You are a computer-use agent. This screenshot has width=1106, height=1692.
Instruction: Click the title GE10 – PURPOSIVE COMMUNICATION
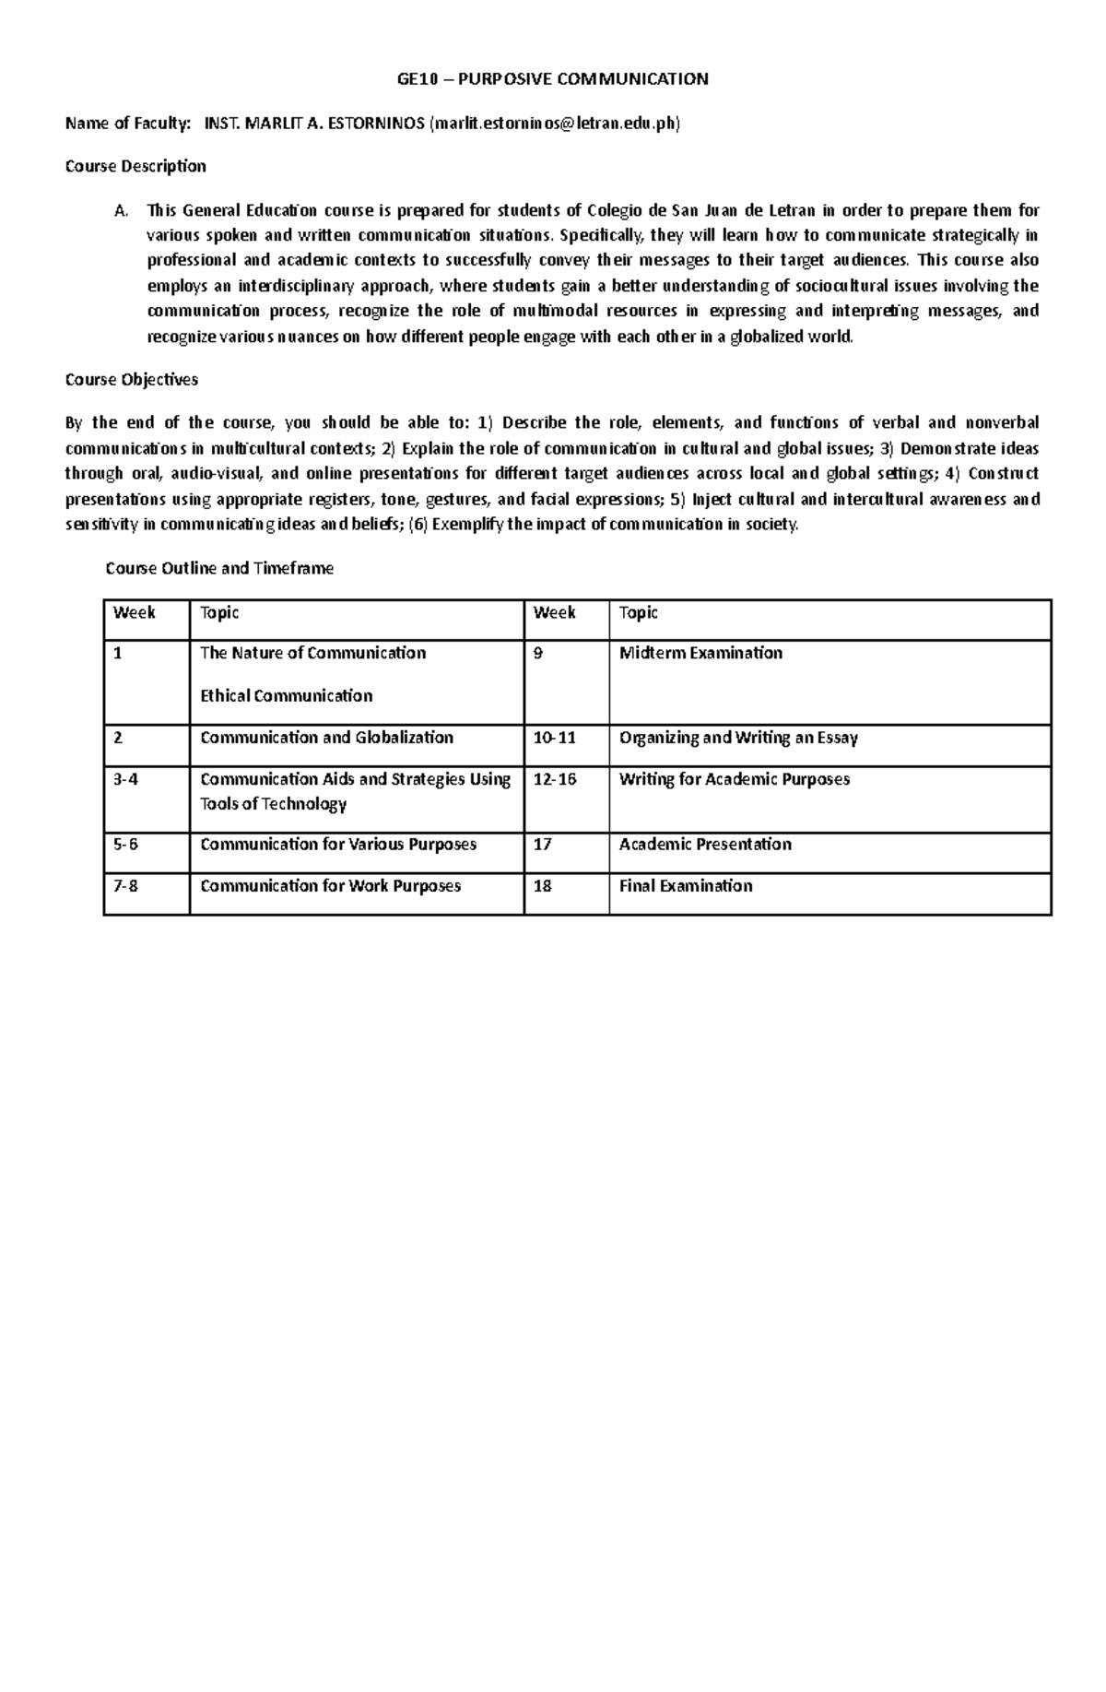[x=552, y=79]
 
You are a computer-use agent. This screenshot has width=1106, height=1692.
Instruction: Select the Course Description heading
[x=135, y=167]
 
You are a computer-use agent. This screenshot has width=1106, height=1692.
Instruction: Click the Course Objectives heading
[x=131, y=380]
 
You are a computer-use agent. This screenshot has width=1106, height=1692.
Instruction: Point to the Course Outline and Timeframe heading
[x=219, y=569]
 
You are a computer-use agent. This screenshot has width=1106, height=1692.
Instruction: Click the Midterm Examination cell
[x=700, y=654]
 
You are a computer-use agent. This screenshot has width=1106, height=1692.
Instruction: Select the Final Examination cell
[x=686, y=886]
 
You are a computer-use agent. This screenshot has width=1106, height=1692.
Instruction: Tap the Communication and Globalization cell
[x=326, y=738]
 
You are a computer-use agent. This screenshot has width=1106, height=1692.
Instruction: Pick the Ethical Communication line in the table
[x=286, y=696]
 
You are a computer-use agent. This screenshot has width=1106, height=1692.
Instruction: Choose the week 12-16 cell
[x=555, y=779]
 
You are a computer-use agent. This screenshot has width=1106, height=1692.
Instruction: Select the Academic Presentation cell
[x=705, y=845]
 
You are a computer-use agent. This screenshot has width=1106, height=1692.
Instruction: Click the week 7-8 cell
[x=125, y=886]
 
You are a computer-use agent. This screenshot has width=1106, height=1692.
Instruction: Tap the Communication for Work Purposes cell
[x=330, y=886]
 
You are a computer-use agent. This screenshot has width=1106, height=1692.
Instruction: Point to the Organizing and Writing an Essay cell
[x=738, y=738]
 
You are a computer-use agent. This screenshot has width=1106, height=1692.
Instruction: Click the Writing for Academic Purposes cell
[x=735, y=779]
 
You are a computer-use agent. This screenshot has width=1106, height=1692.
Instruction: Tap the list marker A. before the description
[x=121, y=211]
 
